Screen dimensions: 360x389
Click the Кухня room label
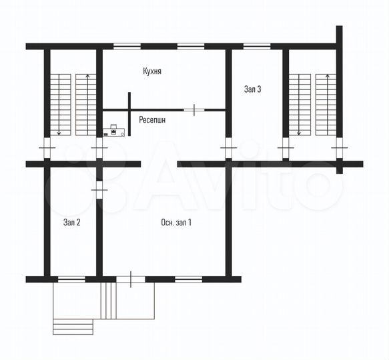pos(153,70)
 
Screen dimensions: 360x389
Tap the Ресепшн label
pos(153,120)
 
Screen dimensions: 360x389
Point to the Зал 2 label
pos(72,223)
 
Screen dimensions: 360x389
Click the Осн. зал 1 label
pos(176,223)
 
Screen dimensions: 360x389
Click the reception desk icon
pos(117,131)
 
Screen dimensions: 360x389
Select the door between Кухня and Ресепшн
pos(194,109)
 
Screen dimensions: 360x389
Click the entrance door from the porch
pos(131,279)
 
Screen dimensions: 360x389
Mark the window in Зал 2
pos(71,279)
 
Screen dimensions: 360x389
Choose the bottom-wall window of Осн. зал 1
pos(187,279)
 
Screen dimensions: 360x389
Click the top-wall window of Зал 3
pos(256,46)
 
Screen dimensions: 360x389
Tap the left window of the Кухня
pos(127,46)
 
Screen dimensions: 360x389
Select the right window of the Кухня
pos(191,46)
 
